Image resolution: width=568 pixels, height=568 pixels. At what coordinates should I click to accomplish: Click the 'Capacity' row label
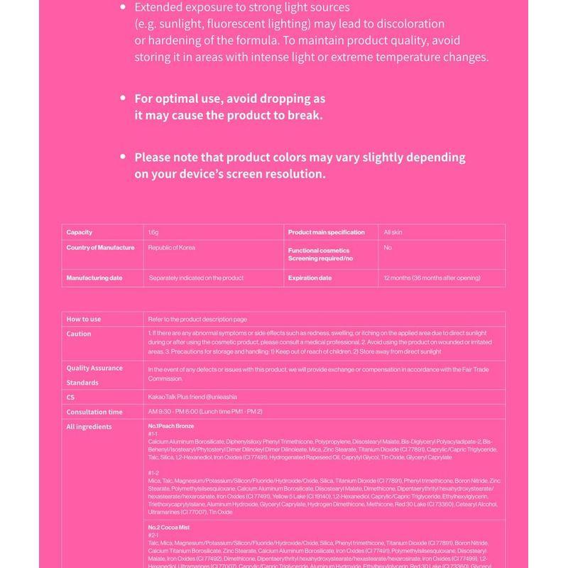[80, 232]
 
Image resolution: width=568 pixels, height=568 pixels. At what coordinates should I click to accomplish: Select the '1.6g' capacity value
[153, 232]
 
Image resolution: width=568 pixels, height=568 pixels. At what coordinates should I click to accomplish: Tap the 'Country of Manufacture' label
[100, 248]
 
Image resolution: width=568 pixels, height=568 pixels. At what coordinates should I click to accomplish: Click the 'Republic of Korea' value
[172, 248]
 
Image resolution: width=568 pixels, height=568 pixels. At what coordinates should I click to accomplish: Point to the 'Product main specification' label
[326, 232]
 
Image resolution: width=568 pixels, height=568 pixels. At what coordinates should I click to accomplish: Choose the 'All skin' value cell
[393, 232]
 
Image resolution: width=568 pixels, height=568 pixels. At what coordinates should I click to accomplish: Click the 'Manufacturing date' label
[94, 278]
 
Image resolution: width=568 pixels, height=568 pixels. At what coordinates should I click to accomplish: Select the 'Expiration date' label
[310, 278]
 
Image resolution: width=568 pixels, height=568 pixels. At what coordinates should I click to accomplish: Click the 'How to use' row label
[84, 319]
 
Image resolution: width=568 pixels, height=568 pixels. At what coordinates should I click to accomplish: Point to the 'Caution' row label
[79, 334]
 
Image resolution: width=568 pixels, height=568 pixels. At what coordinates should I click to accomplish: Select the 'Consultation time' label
[94, 412]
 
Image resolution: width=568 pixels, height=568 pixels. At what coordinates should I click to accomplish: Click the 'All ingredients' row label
[89, 427]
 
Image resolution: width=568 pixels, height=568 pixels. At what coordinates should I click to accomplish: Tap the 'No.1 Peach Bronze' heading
[170, 425]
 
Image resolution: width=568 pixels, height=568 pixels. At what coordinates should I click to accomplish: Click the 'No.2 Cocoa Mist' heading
[169, 528]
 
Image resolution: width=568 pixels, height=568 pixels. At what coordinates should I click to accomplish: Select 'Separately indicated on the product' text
[196, 278]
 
